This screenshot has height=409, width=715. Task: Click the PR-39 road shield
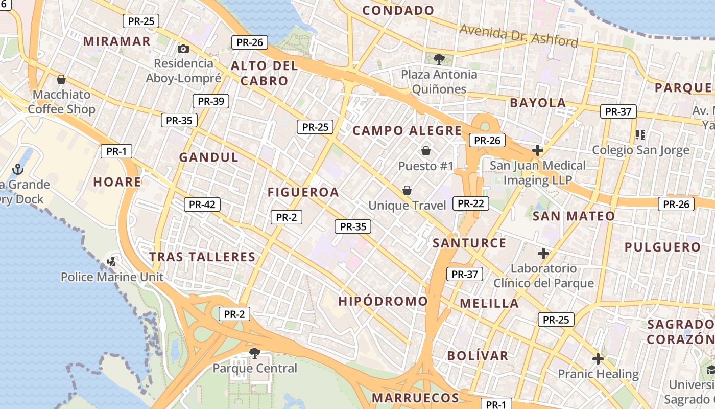click(x=211, y=101)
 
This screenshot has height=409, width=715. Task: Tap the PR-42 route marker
click(x=202, y=204)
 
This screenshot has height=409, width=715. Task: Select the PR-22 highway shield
click(x=471, y=203)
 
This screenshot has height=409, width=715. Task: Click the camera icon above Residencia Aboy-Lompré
click(x=183, y=49)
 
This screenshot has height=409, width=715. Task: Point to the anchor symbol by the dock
click(x=18, y=169)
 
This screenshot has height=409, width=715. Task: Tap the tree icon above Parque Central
click(x=254, y=353)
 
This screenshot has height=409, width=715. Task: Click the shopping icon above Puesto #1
click(x=426, y=151)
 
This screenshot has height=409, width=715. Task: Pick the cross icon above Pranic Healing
click(x=598, y=358)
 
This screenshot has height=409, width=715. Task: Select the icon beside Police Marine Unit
click(x=112, y=262)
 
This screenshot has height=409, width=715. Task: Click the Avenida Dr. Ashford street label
click(x=519, y=35)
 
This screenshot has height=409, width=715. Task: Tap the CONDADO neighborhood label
click(x=398, y=10)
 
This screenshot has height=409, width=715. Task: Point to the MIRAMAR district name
click(x=117, y=41)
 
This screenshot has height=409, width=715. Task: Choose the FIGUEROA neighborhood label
click(x=303, y=192)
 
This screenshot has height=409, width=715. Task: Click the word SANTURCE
click(x=469, y=243)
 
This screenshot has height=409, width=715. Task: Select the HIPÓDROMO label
click(x=383, y=301)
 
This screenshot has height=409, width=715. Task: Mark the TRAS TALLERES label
click(x=202, y=257)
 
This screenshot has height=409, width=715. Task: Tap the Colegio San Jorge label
click(x=640, y=150)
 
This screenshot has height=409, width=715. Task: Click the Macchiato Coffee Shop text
click(x=61, y=102)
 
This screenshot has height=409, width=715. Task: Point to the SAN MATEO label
click(x=574, y=216)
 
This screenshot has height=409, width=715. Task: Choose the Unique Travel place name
click(x=408, y=205)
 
